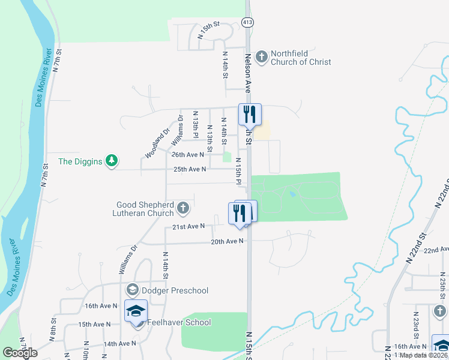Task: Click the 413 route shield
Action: tap(247, 22)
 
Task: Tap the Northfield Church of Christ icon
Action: tap(261, 57)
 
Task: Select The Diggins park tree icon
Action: tap(111, 161)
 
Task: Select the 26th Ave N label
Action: tap(188, 155)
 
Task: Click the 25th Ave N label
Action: tap(190, 169)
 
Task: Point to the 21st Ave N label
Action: tap(189, 226)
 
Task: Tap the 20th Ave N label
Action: tap(227, 241)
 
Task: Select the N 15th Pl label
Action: tap(238, 171)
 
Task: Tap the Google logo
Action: tap(20, 353)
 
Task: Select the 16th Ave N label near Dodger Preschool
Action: tap(101, 305)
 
